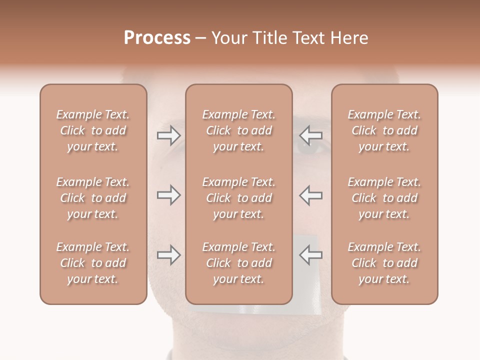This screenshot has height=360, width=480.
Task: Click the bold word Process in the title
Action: click(157, 38)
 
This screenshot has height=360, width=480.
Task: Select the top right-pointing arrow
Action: click(168, 135)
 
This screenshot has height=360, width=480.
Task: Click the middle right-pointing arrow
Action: click(168, 195)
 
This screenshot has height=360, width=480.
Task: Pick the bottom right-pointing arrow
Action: click(168, 255)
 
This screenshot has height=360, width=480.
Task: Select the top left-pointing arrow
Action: click(310, 135)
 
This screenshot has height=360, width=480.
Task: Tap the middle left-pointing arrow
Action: click(310, 195)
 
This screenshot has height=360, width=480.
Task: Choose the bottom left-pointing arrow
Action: click(310, 255)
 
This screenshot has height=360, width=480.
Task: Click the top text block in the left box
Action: click(93, 130)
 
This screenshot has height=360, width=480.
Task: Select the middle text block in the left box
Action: click(93, 198)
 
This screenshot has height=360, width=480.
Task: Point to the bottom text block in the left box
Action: click(93, 263)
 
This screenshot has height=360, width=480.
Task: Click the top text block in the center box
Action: click(238, 130)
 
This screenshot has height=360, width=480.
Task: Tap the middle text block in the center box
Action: click(238, 198)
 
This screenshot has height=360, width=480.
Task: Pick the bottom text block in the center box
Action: click(238, 263)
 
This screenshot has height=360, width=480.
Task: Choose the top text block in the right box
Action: click(384, 130)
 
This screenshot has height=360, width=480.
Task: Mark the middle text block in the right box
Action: click(384, 198)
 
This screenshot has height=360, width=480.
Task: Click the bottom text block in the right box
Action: click(384, 263)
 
